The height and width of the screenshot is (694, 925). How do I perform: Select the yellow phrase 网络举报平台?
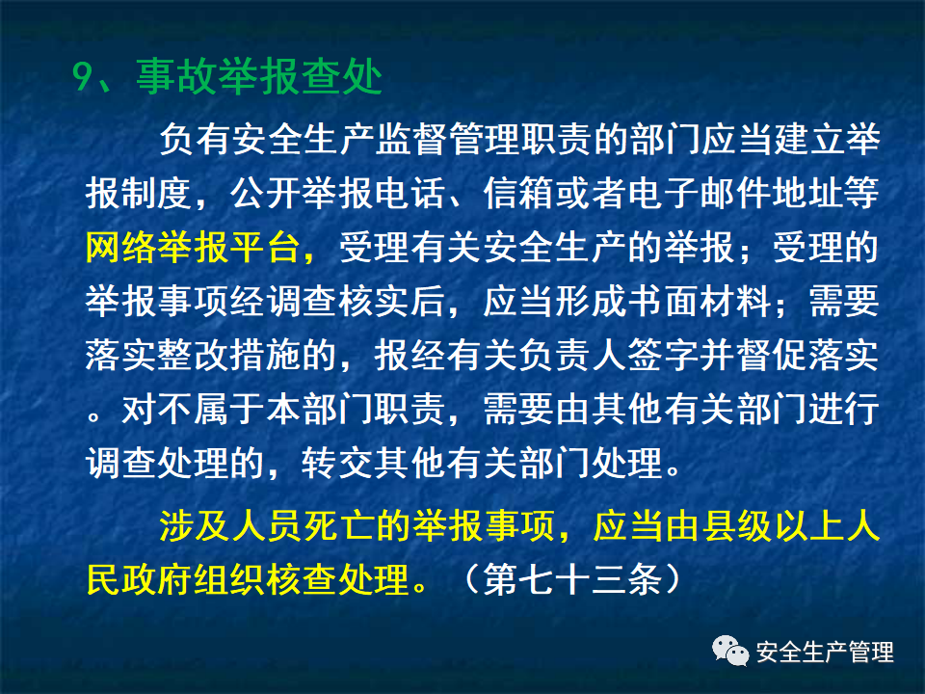(x=192, y=249)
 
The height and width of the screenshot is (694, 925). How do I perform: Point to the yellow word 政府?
(x=156, y=581)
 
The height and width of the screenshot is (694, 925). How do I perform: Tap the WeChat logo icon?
(x=730, y=652)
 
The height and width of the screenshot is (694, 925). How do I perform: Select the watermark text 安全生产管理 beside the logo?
(x=825, y=652)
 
